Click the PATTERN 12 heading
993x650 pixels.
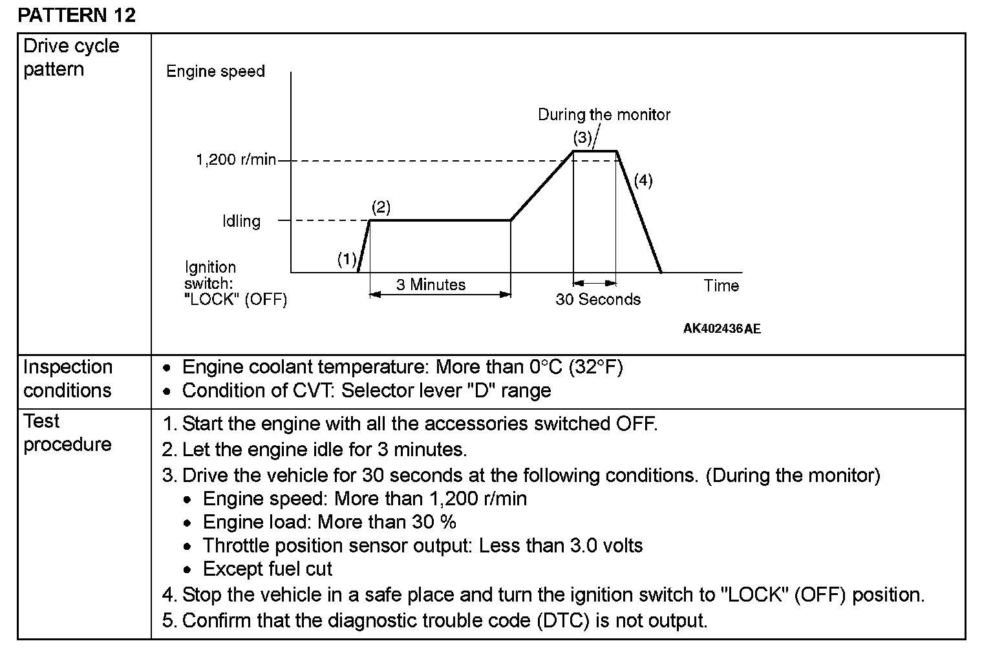click(x=76, y=16)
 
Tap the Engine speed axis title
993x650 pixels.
click(x=215, y=71)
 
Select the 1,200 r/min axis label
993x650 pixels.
click(x=236, y=160)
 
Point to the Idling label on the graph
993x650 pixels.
click(x=241, y=221)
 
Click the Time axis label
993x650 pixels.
click(x=721, y=286)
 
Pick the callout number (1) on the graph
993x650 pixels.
click(x=347, y=259)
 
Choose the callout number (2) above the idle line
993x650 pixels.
click(x=381, y=207)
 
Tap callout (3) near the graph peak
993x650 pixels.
click(x=582, y=138)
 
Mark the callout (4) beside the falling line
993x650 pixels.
click(x=643, y=180)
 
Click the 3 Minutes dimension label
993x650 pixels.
click(x=431, y=285)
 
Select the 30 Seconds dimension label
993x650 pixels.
click(x=598, y=300)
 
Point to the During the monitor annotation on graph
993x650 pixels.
click(x=604, y=115)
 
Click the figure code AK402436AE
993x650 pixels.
click(x=721, y=329)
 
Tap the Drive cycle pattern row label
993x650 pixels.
click(x=71, y=58)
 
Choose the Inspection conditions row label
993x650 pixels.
click(x=67, y=379)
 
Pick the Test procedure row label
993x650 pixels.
click(x=67, y=433)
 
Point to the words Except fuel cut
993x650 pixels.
click(x=267, y=569)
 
